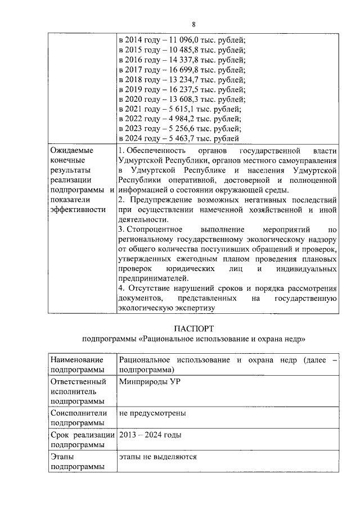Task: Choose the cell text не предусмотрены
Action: click(x=152, y=413)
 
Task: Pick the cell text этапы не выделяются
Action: click(x=157, y=457)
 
